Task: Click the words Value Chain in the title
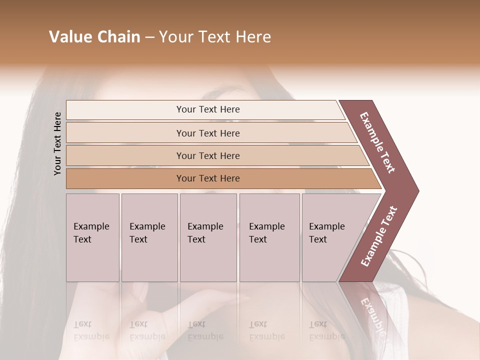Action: coord(94,37)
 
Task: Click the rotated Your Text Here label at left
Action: coord(57,143)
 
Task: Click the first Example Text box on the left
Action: coord(92,237)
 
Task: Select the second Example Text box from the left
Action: coord(149,237)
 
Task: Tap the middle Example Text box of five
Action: coord(208,237)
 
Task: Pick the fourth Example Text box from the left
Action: coord(269,237)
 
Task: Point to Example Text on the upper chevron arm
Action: coord(377,142)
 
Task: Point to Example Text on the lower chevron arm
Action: coord(378,236)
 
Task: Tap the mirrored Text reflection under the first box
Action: coord(82,324)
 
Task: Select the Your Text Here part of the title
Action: coord(215,37)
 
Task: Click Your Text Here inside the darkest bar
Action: coord(208,178)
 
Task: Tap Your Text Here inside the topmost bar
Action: coord(208,109)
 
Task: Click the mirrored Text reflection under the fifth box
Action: coord(318,324)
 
